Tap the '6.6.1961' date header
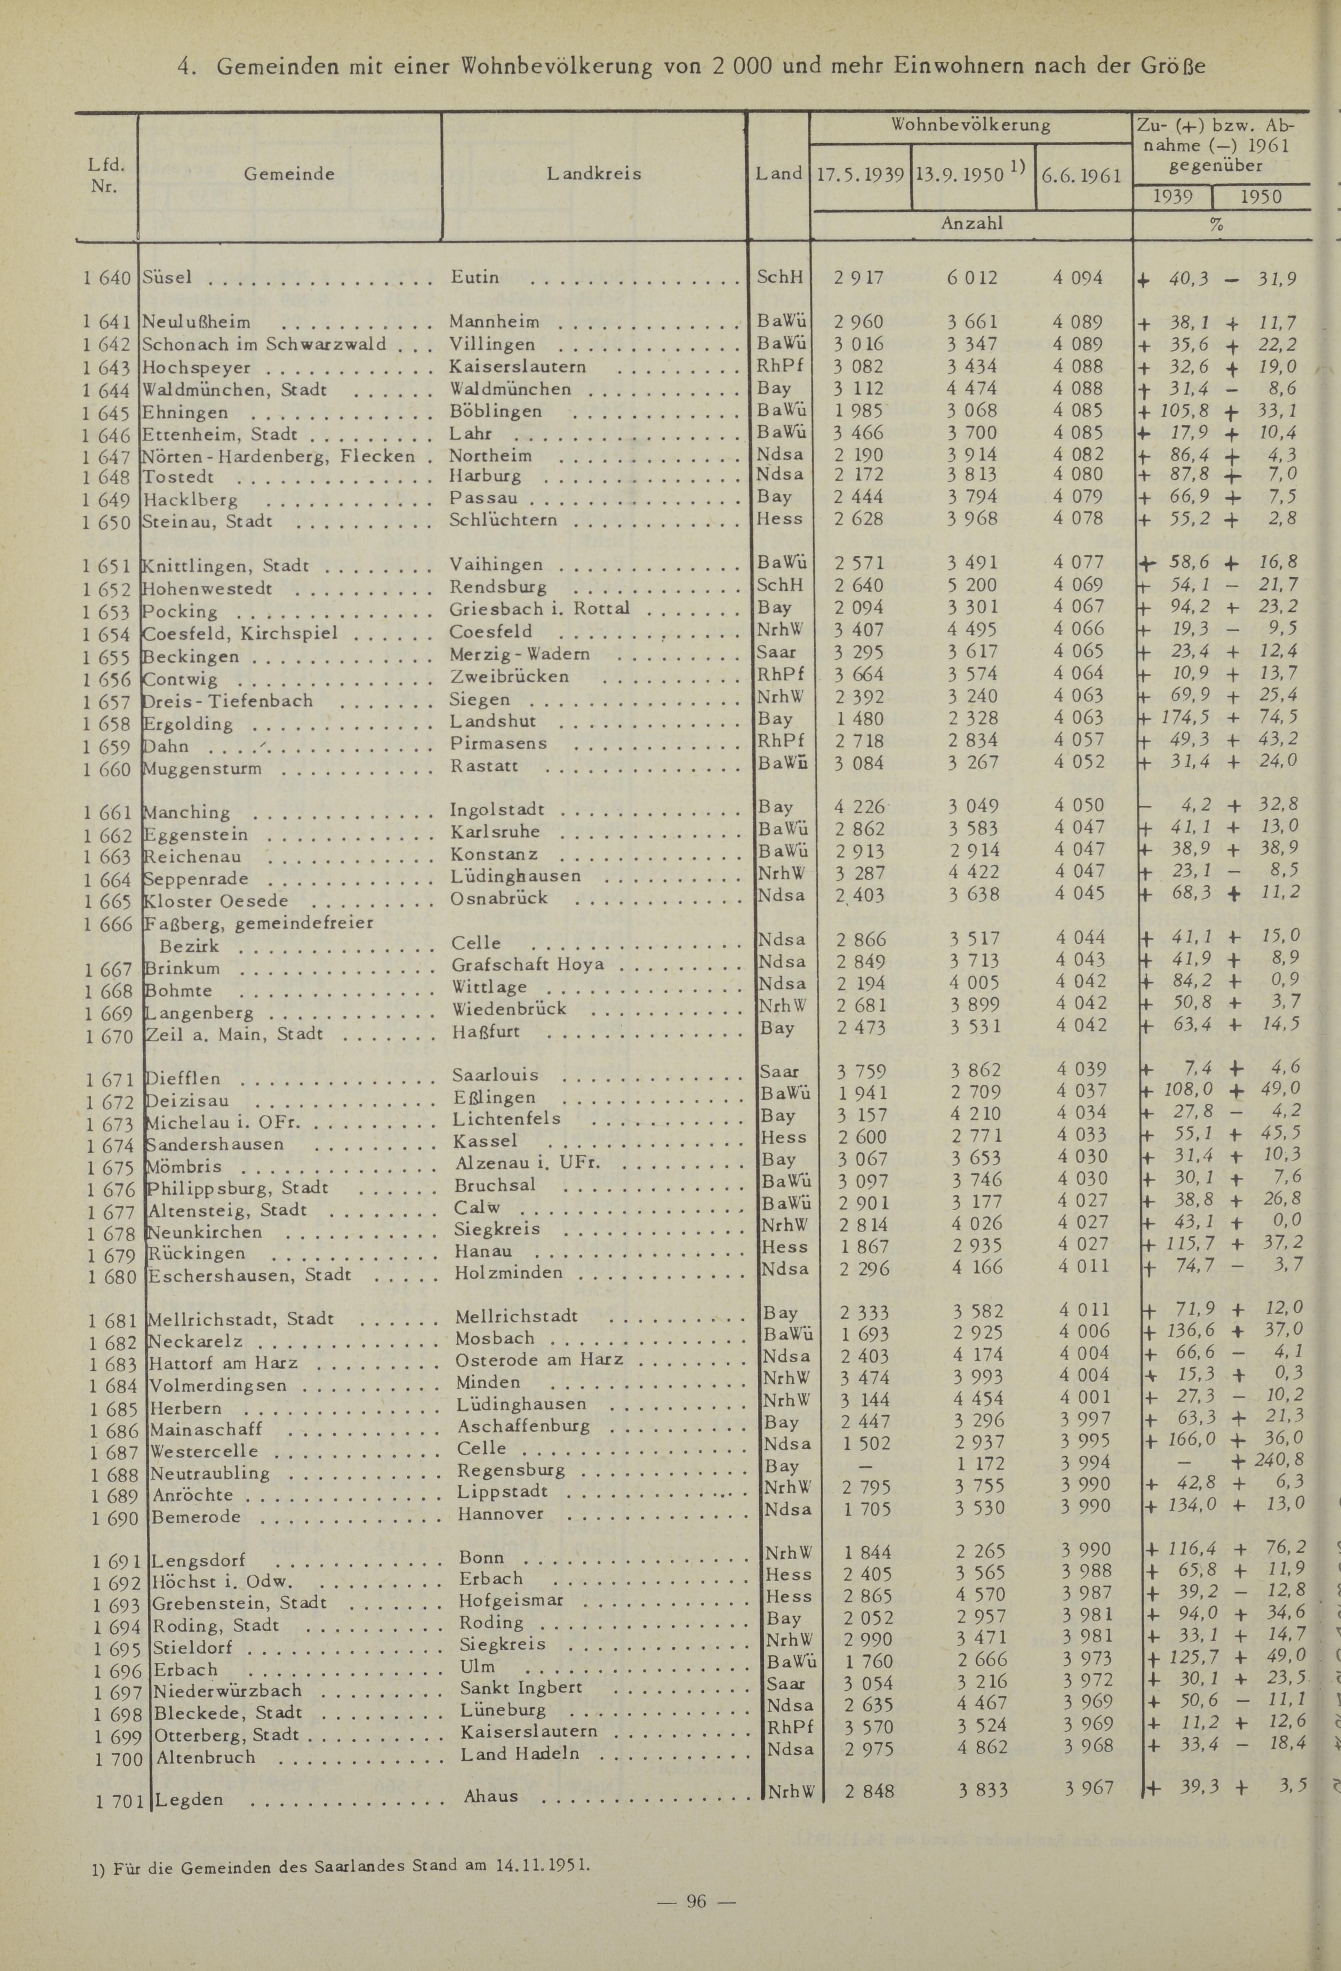1082,176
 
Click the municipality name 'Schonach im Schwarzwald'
264,344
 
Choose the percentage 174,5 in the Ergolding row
1185,718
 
